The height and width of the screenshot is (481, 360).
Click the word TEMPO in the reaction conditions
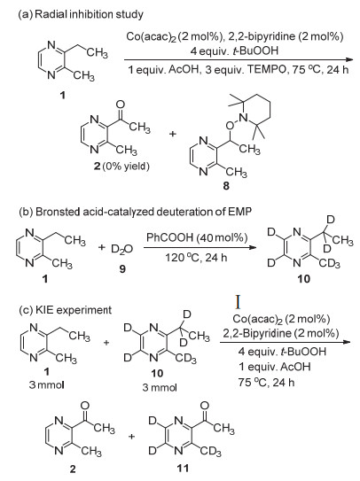point(266,70)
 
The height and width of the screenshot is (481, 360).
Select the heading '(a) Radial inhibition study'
point(81,14)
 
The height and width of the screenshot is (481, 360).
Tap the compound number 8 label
point(226,186)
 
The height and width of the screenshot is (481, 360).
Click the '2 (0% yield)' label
point(122,167)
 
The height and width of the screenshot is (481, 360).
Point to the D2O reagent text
point(122,248)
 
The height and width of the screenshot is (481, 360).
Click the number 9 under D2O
point(122,269)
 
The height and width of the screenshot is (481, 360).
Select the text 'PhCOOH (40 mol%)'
point(197,237)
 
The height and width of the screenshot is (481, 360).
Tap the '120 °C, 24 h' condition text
point(196,257)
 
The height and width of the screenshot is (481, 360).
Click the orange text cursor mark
point(238,302)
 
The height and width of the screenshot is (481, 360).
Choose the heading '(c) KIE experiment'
point(65,310)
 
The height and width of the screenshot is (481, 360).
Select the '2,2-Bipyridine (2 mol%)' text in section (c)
point(281,332)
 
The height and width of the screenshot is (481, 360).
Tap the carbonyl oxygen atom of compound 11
point(205,406)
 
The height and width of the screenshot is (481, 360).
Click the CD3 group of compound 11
point(211,452)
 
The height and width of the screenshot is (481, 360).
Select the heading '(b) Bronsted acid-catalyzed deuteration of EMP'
point(135,212)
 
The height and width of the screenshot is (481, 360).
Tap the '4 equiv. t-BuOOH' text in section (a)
point(234,50)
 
